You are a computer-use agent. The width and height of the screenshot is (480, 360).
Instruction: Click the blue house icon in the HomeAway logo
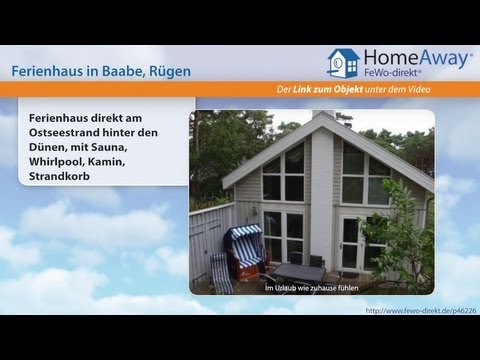click(x=343, y=64)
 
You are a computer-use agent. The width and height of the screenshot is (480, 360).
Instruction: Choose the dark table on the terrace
click(x=301, y=272)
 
